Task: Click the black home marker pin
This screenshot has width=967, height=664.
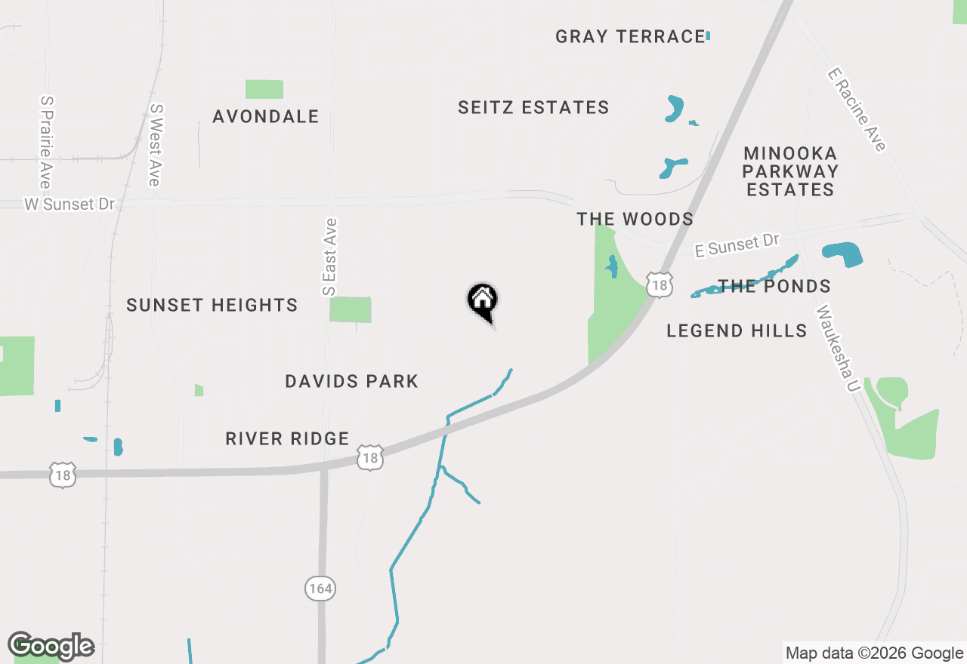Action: (483, 300)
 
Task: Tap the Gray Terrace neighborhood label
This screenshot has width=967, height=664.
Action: (630, 36)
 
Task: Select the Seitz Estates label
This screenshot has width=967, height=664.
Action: (533, 108)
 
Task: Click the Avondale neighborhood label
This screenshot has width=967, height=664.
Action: (266, 117)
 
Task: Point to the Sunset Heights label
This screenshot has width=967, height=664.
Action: (212, 306)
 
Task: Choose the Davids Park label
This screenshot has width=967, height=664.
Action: (351, 382)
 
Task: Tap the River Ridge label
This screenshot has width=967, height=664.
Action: (287, 439)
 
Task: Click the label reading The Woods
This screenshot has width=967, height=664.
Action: (635, 220)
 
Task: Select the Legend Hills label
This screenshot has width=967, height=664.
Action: (737, 330)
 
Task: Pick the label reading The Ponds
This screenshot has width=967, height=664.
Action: (774, 287)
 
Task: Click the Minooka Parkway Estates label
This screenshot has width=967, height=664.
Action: (790, 171)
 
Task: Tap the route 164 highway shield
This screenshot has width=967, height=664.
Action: (320, 589)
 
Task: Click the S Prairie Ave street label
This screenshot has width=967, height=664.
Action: (46, 142)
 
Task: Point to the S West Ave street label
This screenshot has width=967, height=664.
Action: (155, 145)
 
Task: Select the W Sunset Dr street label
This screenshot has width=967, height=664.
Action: (70, 204)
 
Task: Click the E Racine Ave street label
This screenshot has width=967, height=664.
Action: (857, 109)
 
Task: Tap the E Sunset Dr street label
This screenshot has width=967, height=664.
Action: (737, 245)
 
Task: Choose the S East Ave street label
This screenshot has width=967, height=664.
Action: (329, 257)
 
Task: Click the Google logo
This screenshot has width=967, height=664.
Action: (51, 647)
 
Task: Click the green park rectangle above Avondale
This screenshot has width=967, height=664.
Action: (264, 89)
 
